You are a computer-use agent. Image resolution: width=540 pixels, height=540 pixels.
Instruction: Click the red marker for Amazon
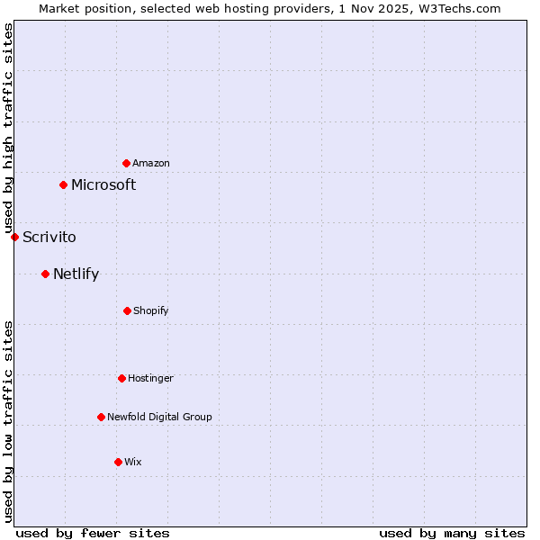(x=126, y=163)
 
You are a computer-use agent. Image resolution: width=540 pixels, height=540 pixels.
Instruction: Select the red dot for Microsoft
(x=63, y=184)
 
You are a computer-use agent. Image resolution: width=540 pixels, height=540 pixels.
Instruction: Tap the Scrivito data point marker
(x=14, y=237)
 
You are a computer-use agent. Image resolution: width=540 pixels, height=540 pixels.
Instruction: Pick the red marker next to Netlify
(x=45, y=274)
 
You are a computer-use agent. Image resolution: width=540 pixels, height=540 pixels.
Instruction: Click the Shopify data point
(x=127, y=310)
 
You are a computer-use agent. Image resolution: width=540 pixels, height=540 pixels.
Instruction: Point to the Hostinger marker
(x=121, y=378)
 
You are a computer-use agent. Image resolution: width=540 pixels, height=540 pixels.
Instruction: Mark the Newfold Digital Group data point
(x=101, y=417)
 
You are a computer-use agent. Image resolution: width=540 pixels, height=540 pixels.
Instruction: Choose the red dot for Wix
(x=118, y=462)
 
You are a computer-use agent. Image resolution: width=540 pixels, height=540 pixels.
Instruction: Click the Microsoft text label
(x=103, y=184)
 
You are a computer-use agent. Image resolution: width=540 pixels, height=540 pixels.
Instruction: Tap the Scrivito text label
(x=49, y=237)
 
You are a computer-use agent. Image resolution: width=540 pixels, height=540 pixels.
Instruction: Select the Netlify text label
(x=76, y=274)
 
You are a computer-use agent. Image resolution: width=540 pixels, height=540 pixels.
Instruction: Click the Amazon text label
(x=151, y=163)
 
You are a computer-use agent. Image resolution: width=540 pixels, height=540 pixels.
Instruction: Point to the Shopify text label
(x=151, y=310)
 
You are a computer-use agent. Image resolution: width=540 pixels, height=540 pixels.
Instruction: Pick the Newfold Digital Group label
(x=159, y=417)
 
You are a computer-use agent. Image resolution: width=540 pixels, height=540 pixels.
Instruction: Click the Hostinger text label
(x=150, y=378)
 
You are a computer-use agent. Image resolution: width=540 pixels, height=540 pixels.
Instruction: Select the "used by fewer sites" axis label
(x=93, y=533)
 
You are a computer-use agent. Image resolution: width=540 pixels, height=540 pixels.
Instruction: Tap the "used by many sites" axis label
(x=452, y=533)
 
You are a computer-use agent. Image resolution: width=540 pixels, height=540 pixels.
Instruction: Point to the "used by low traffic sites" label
(x=8, y=421)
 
